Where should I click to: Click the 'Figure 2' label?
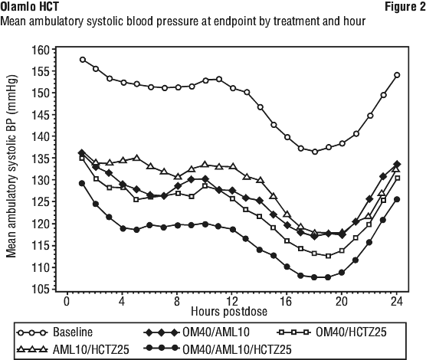(x=405, y=7)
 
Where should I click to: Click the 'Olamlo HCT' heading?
(x=29, y=7)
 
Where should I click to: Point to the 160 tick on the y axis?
(x=41, y=50)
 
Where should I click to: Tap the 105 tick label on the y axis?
(x=41, y=289)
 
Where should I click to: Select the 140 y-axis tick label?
(x=41, y=136)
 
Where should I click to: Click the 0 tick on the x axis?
(x=67, y=301)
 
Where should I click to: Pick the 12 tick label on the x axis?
(x=232, y=301)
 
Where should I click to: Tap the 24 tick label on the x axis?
(x=397, y=301)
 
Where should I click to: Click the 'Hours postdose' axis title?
(x=229, y=312)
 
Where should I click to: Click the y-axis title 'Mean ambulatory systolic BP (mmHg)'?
(x=11, y=165)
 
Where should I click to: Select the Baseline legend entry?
(x=55, y=332)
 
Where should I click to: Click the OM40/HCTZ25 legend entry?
(x=333, y=332)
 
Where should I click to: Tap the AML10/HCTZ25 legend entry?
(x=73, y=349)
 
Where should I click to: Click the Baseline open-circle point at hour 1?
(x=83, y=60)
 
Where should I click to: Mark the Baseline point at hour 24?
(x=397, y=75)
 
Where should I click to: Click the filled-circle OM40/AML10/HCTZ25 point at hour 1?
(x=82, y=183)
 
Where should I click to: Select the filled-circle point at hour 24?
(x=397, y=199)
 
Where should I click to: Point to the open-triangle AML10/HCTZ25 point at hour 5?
(x=137, y=158)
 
